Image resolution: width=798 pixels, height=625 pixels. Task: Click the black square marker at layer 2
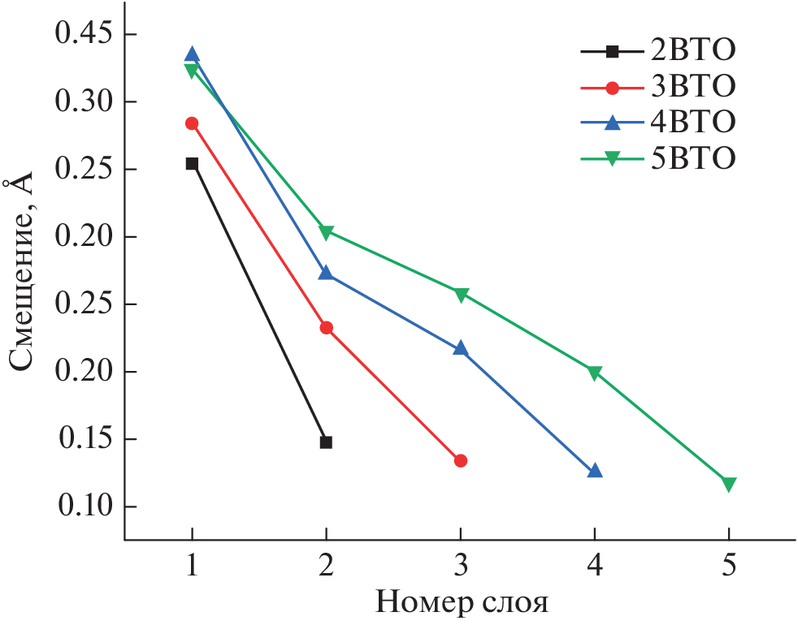(326, 442)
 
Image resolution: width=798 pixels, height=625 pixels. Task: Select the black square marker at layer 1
(192, 163)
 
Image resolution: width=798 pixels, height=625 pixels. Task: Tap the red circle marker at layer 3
(461, 460)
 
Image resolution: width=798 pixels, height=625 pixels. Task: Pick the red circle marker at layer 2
(326, 328)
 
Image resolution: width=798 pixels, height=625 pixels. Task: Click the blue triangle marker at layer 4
(595, 471)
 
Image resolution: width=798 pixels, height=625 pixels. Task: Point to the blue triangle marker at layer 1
(192, 55)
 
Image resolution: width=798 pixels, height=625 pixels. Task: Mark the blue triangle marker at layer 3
(461, 348)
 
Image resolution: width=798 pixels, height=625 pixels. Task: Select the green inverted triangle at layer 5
(729, 485)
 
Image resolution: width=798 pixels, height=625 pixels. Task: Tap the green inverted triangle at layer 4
(595, 373)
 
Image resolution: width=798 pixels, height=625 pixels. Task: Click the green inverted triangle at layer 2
(326, 233)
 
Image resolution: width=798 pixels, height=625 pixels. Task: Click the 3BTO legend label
(692, 86)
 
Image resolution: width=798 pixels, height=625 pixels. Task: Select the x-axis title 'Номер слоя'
(461, 603)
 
